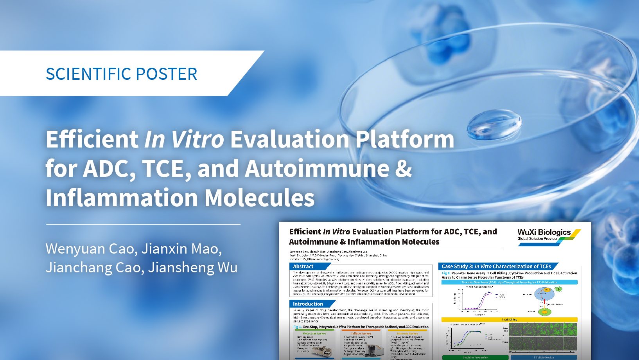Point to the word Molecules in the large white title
[x=259, y=198]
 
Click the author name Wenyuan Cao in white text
[x=91, y=249]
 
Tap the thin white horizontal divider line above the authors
[x=143, y=225]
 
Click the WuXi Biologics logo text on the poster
[x=544, y=232]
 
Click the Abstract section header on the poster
[x=303, y=266]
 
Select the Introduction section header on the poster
[x=308, y=304]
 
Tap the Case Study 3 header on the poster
[x=496, y=266]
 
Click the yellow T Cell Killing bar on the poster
[x=509, y=319]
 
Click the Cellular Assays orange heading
[x=361, y=333]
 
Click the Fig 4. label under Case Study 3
[x=446, y=273]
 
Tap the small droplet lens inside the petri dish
[x=494, y=124]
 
